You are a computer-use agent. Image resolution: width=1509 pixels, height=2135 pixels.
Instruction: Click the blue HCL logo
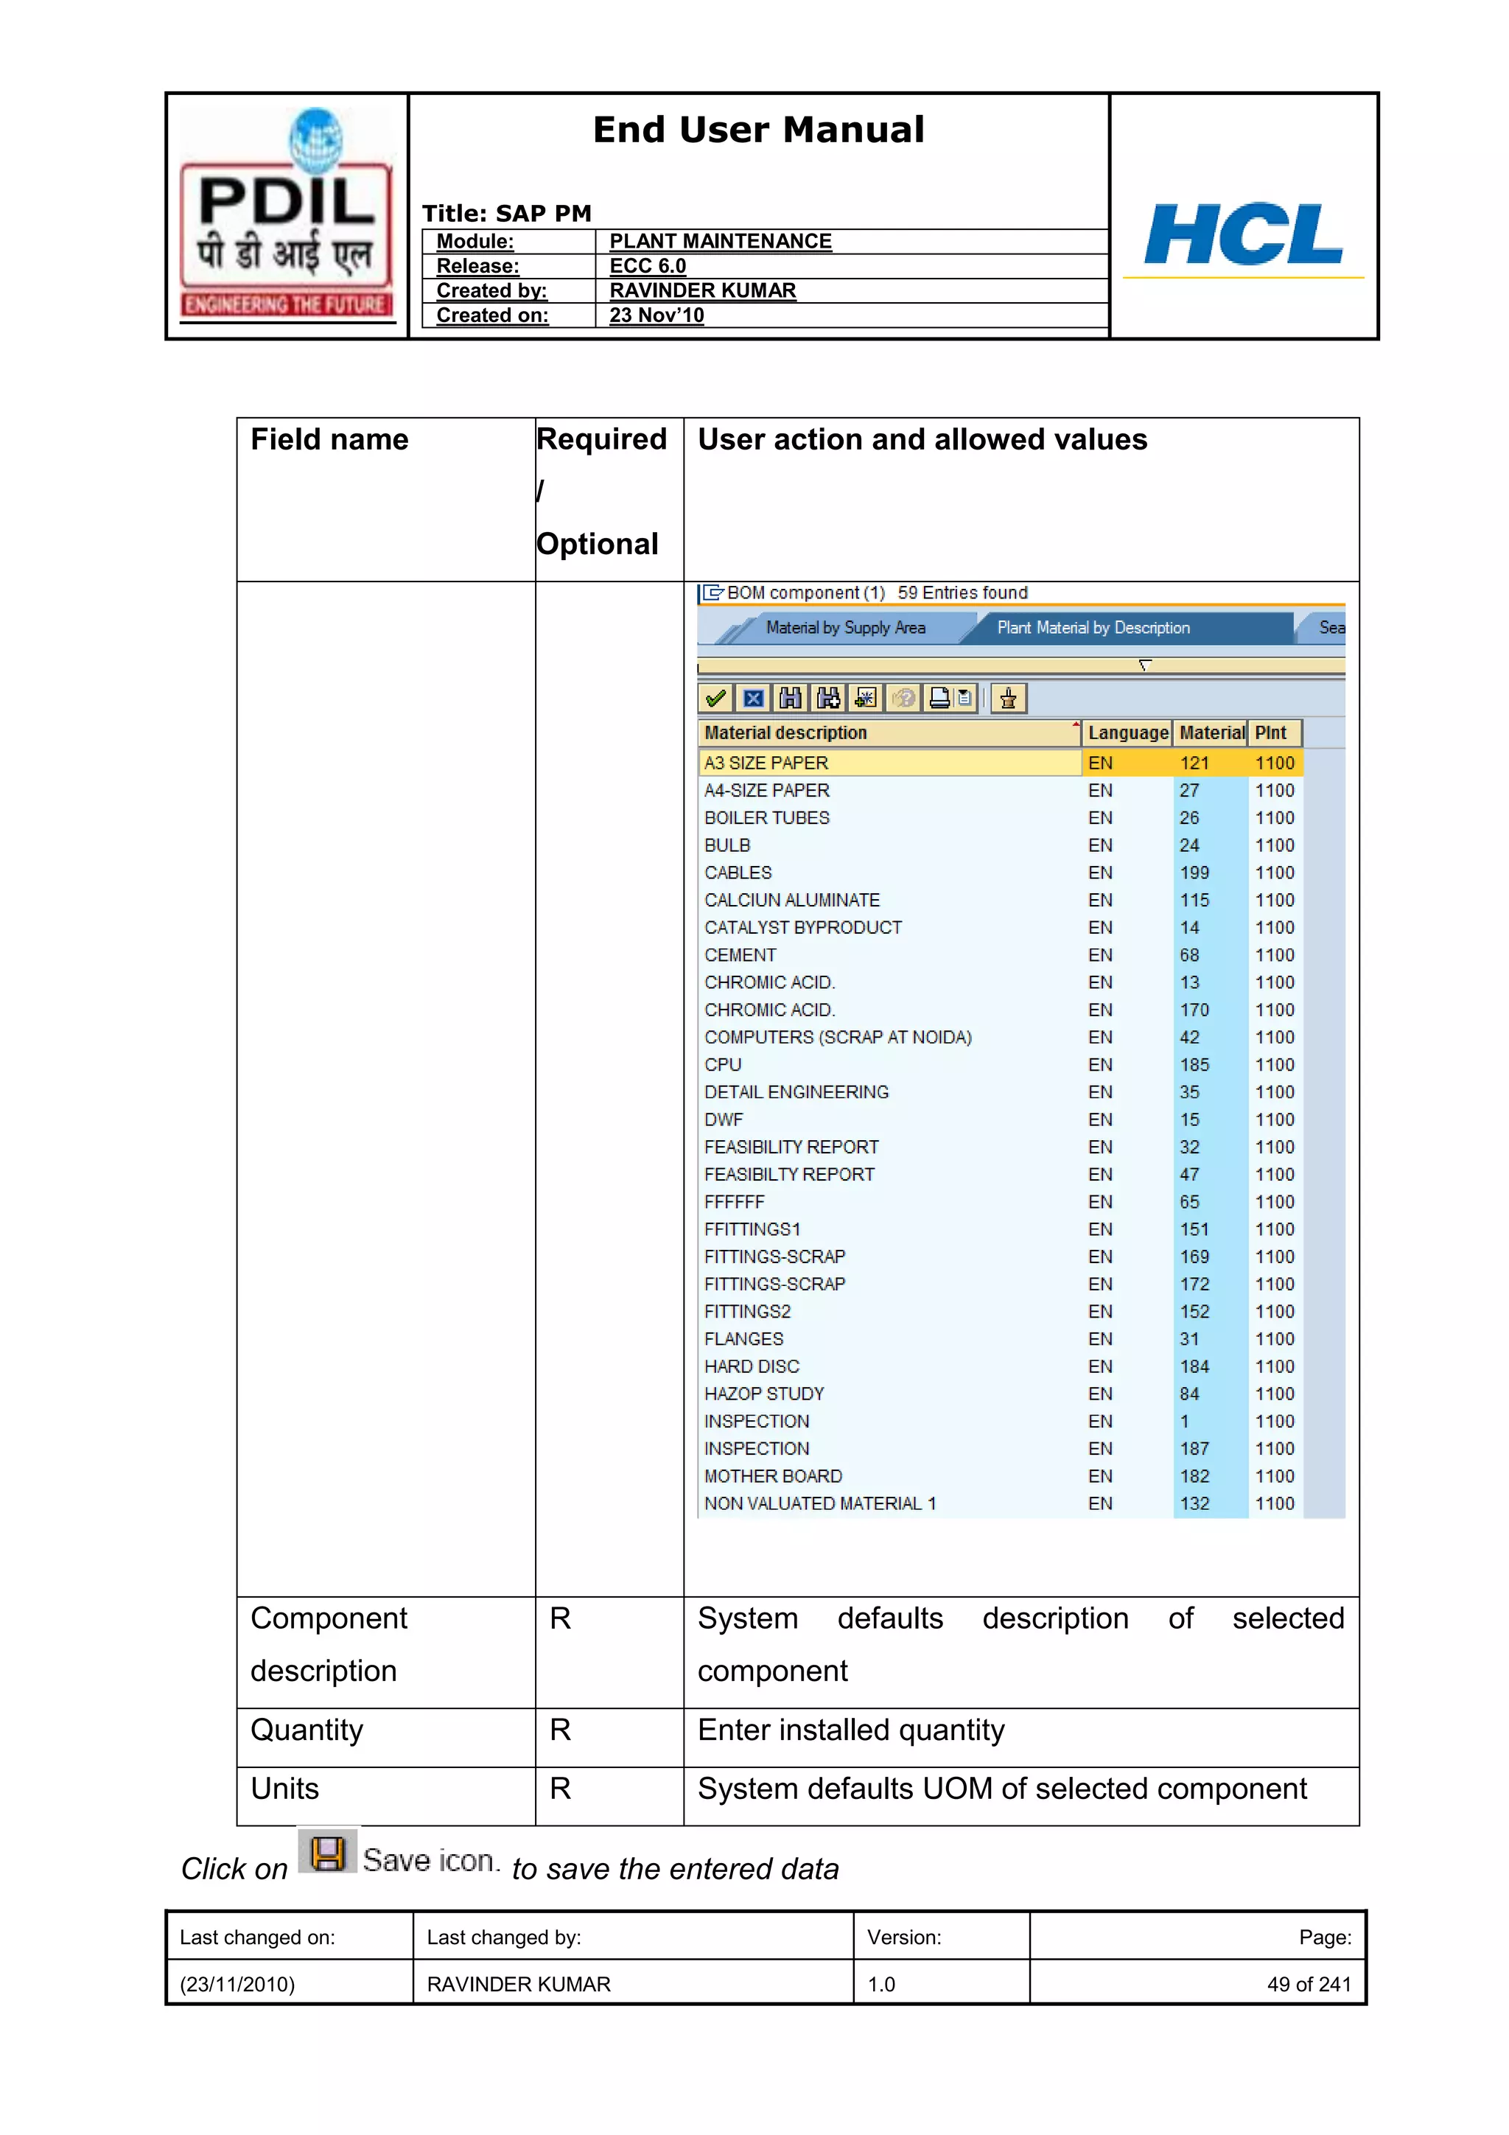[1243, 234]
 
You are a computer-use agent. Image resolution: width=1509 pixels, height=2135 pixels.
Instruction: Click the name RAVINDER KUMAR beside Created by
[702, 291]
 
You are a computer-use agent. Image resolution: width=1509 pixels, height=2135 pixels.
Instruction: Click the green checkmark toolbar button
[715, 699]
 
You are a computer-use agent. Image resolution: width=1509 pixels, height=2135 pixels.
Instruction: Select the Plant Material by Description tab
[1093, 628]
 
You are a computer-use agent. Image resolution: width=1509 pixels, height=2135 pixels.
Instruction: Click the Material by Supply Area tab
[844, 628]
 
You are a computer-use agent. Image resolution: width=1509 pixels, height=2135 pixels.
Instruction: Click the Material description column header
[785, 733]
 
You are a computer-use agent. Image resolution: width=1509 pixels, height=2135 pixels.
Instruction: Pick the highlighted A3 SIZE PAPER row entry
[766, 764]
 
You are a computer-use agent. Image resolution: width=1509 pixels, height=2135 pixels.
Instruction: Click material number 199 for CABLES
[1194, 873]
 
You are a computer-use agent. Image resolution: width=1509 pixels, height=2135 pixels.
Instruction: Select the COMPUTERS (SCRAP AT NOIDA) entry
[838, 1038]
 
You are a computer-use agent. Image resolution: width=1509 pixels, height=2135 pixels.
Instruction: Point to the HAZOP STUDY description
[764, 1394]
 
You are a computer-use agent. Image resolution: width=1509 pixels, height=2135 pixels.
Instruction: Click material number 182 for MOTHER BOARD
[1194, 1477]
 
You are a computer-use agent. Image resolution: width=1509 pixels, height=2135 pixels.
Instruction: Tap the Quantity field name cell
[307, 1730]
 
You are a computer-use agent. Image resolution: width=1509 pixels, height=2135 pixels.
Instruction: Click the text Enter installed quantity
[851, 1730]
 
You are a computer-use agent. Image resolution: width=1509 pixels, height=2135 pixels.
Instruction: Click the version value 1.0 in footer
[880, 1985]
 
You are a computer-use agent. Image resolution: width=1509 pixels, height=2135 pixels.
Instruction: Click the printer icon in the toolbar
[940, 699]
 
